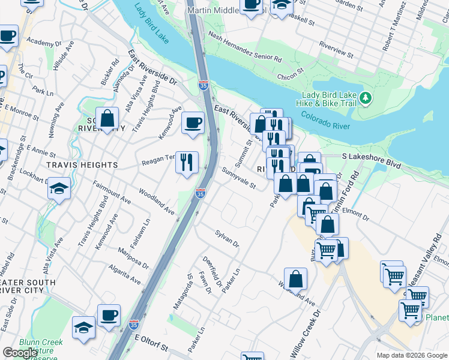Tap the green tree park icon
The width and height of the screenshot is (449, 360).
(364, 97)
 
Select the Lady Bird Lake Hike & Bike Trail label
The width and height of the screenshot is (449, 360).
(329, 99)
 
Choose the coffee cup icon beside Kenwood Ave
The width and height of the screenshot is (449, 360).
(193, 123)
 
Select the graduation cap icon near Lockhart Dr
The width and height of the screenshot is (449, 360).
(59, 188)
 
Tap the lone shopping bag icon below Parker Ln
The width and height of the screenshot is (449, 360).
(295, 278)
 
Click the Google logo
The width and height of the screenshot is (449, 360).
(20, 353)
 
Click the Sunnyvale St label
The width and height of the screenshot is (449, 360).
(238, 178)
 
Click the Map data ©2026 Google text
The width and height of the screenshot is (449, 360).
(412, 355)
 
